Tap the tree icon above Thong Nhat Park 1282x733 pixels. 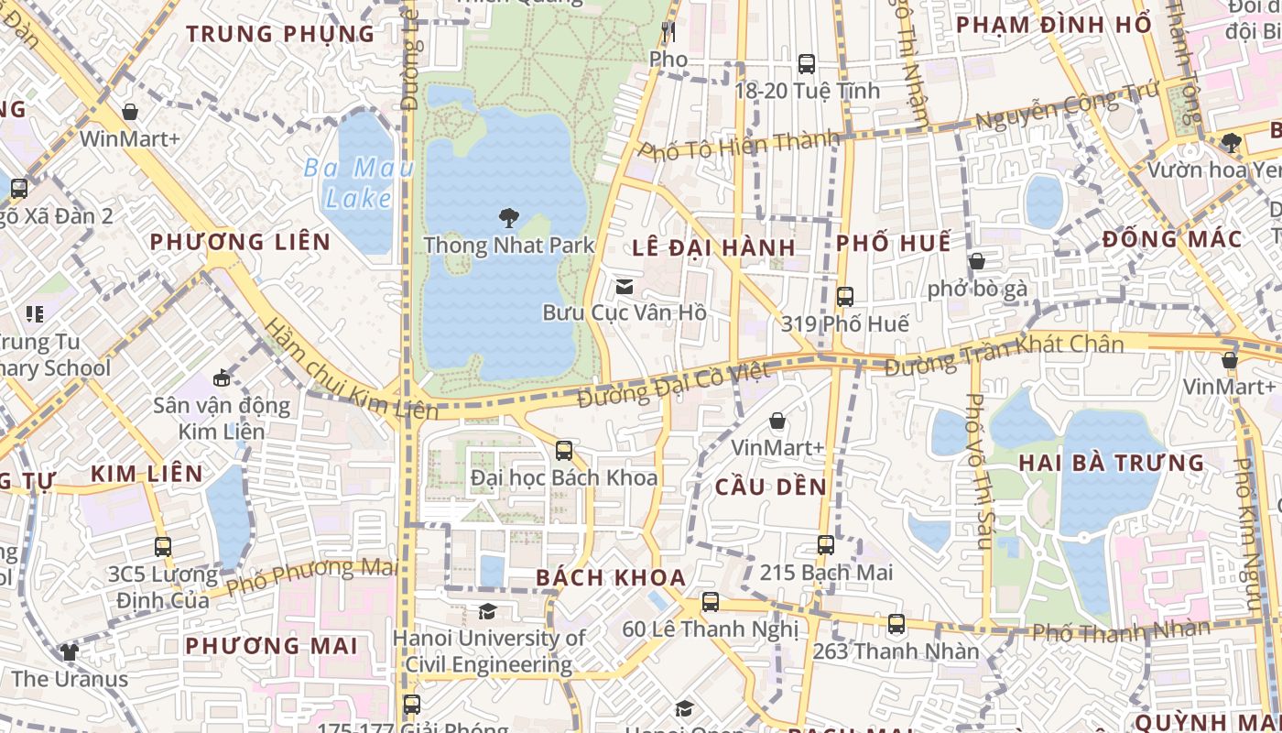[508, 218]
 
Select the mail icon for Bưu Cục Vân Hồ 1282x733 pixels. [625, 287]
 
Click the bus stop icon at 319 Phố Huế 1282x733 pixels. [844, 297]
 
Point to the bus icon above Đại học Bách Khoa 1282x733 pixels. [564, 451]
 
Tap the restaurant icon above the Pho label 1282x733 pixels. [668, 32]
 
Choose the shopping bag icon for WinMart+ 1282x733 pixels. [130, 112]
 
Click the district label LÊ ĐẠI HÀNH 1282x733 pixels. [713, 248]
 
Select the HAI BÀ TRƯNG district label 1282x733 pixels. [1112, 463]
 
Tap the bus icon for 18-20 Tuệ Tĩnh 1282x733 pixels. [806, 64]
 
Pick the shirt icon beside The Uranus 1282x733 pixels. [70, 652]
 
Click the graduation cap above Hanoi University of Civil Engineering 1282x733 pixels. [487, 611]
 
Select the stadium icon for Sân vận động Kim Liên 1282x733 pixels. [222, 377]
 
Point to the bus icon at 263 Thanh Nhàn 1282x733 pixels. [896, 625]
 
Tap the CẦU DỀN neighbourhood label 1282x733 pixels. [770, 487]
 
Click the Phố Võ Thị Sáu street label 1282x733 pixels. [978, 472]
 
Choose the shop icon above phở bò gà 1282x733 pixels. [977, 262]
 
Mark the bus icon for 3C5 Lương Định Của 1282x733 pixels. [163, 547]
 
